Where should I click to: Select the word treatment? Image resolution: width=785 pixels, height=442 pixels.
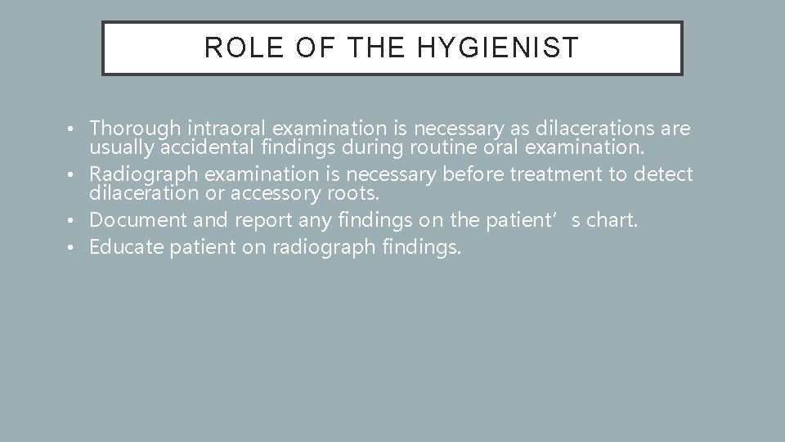pos(551,174)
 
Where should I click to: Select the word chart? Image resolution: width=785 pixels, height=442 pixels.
pos(611,219)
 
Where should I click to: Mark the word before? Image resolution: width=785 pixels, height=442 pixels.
pos(470,174)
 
